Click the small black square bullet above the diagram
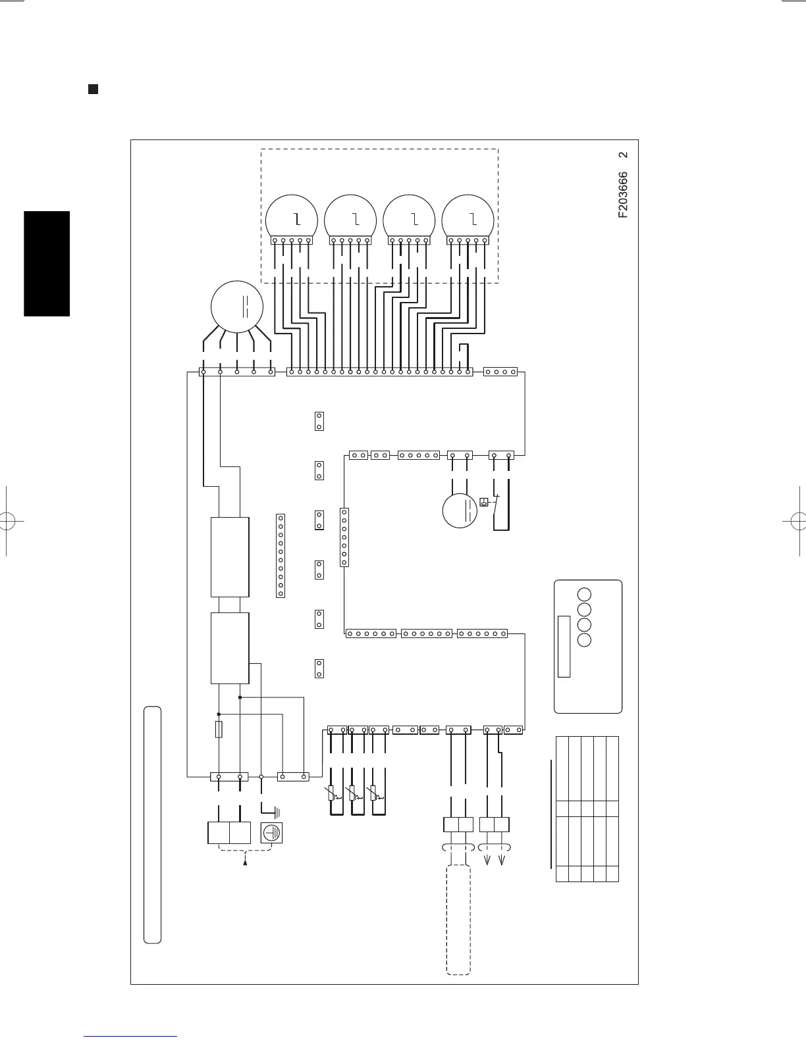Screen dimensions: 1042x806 (93, 89)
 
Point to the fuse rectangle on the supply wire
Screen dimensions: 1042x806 (219, 730)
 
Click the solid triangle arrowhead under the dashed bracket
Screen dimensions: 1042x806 (246, 860)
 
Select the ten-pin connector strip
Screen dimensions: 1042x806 (281, 556)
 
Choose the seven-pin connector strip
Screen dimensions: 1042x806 (344, 537)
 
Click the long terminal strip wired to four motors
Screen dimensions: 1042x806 (380, 372)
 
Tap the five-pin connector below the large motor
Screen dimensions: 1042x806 (237, 372)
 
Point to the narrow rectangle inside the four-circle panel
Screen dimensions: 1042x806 (564, 646)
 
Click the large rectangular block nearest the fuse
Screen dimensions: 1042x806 (230, 648)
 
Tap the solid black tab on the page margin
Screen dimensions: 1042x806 (47, 263)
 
